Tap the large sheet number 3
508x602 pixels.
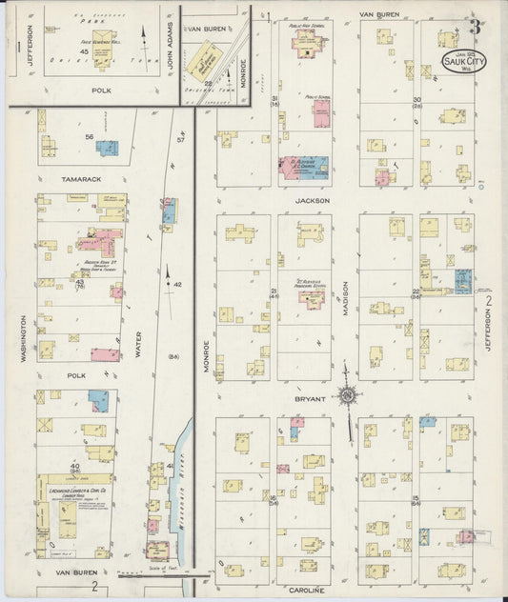coord(474,26)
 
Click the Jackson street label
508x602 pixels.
coord(313,201)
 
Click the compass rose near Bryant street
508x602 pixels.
coord(349,396)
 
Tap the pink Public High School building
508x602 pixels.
coord(310,41)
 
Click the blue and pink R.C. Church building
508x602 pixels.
coord(304,167)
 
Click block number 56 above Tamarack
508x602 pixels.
coord(90,137)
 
